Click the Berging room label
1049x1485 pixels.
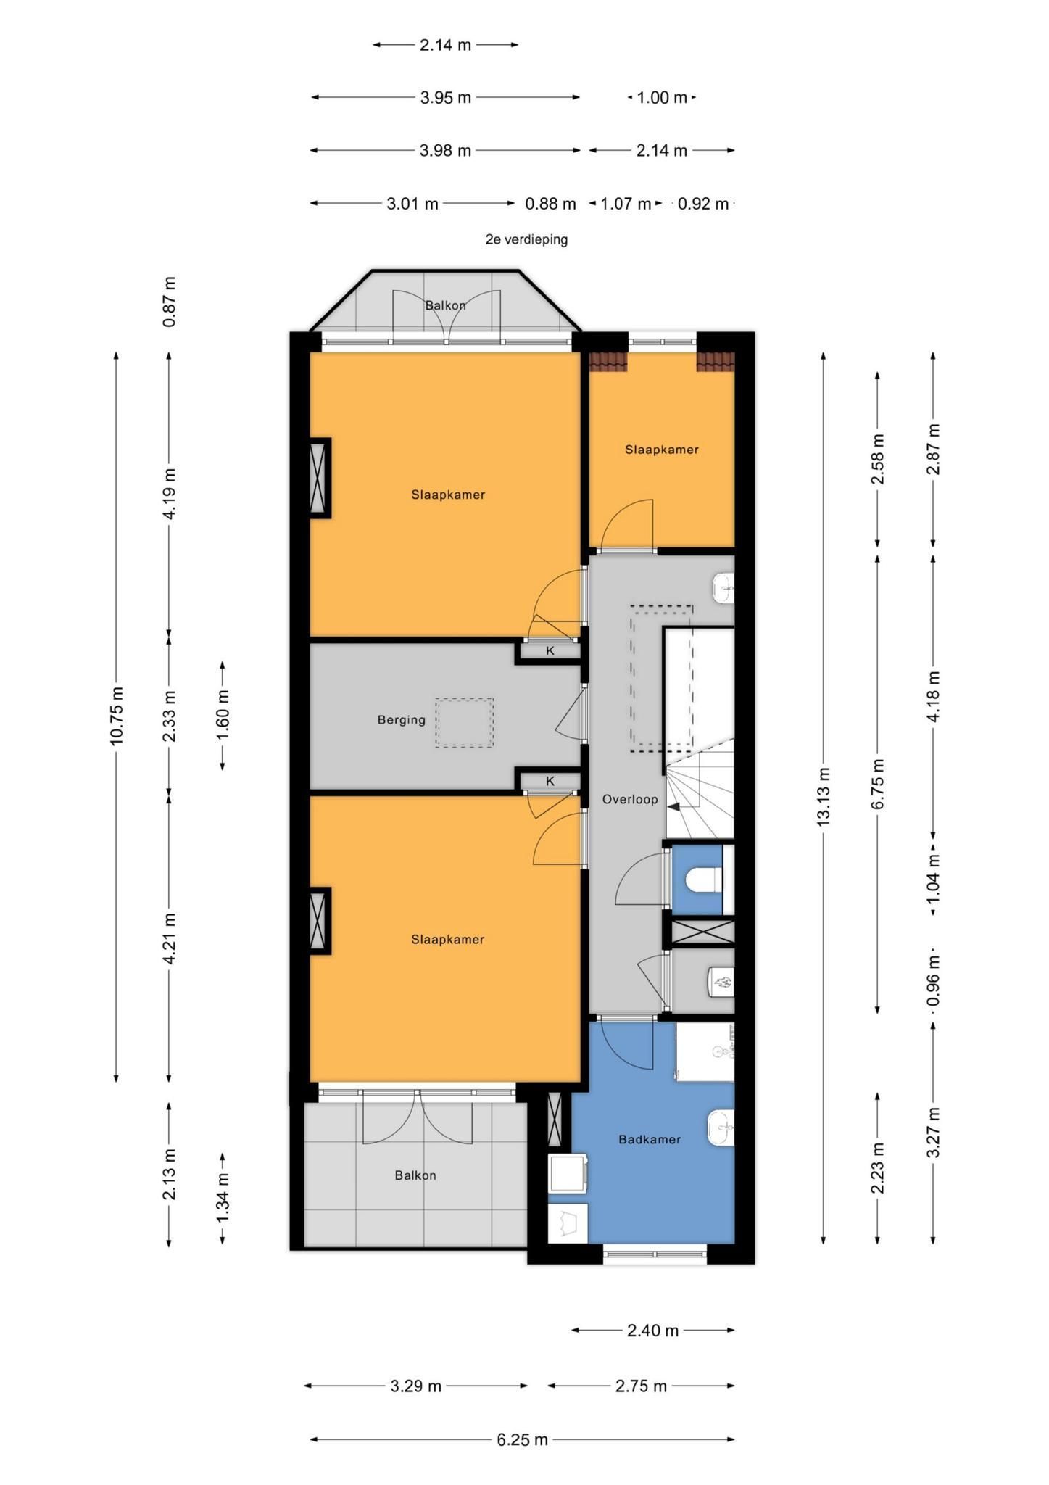pyautogui.click(x=401, y=720)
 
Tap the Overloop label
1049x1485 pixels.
pyautogui.click(x=630, y=799)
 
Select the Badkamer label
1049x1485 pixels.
pyautogui.click(x=650, y=1139)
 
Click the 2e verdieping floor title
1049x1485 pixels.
pyautogui.click(x=526, y=239)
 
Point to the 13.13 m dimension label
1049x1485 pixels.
pyautogui.click(x=823, y=796)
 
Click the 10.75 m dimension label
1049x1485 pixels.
pyautogui.click(x=117, y=715)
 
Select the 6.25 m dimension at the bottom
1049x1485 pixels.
pyautogui.click(x=522, y=1439)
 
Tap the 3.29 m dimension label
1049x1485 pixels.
pyautogui.click(x=416, y=1386)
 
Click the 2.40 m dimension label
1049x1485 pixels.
pyautogui.click(x=652, y=1330)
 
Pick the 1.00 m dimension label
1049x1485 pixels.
pyautogui.click(x=662, y=97)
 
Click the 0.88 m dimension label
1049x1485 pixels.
pyautogui.click(x=550, y=204)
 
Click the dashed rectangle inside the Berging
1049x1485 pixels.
pyautogui.click(x=464, y=722)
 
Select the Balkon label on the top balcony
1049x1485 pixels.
pyautogui.click(x=445, y=305)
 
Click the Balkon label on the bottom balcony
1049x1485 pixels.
pyautogui.click(x=415, y=1175)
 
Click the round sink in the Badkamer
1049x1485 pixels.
pyautogui.click(x=721, y=1129)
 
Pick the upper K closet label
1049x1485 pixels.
pyautogui.click(x=550, y=650)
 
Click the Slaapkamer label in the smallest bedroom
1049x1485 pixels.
pyautogui.click(x=662, y=450)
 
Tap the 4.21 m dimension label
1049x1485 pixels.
pyautogui.click(x=169, y=938)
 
